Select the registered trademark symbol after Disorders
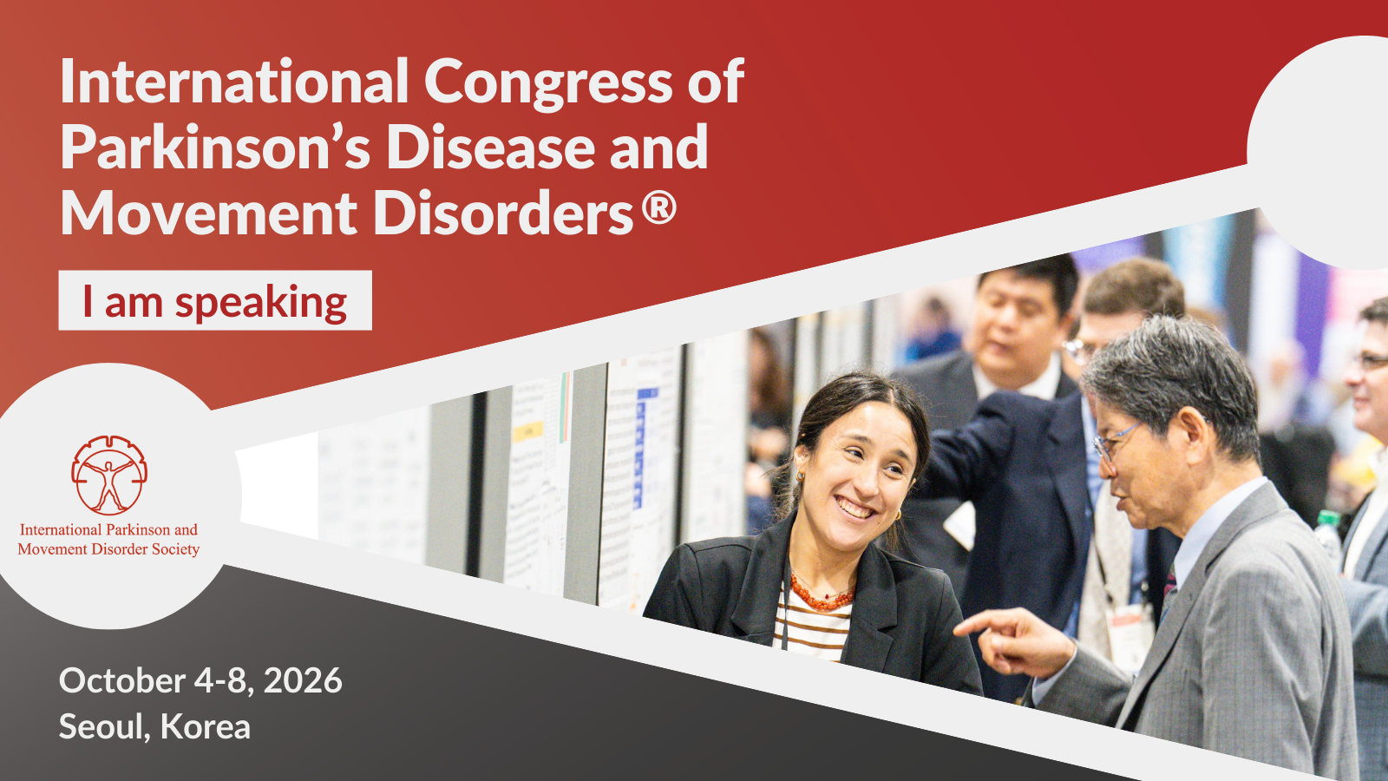coord(658,208)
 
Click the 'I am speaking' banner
coord(215,300)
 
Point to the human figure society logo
coord(109,475)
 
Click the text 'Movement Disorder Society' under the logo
coord(109,549)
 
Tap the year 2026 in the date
coord(303,680)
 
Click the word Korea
coord(205,726)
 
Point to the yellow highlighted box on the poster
coord(528,431)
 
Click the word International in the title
coord(234,82)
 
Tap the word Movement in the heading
coord(208,213)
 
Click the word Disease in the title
coord(491,148)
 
